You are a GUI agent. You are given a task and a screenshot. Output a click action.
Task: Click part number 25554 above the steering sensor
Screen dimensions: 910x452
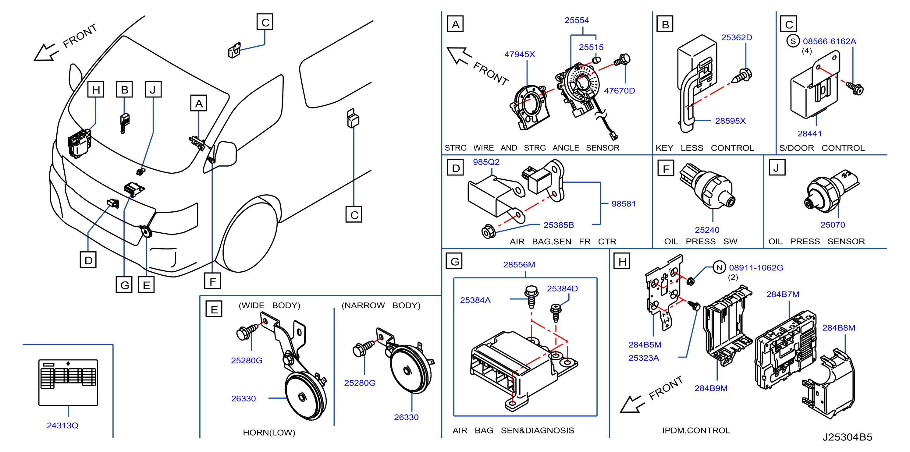coord(577,20)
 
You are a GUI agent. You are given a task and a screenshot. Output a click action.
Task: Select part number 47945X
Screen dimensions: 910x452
coord(519,55)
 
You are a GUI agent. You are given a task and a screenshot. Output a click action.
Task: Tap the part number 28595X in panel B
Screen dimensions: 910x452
coord(730,121)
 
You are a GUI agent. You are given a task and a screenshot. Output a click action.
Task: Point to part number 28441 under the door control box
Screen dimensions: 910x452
coord(809,133)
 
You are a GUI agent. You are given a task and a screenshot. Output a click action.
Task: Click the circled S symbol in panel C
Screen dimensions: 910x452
coord(793,41)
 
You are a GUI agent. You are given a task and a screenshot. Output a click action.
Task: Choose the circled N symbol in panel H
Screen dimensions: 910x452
coord(719,267)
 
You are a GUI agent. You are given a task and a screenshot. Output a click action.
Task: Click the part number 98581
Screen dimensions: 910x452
coord(624,204)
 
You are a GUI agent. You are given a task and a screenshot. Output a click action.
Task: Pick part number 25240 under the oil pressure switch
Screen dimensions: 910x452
coord(707,230)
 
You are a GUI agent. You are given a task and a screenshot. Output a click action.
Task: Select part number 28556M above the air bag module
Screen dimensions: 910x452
coord(519,264)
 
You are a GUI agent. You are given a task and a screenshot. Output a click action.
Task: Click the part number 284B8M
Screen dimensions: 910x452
coord(839,328)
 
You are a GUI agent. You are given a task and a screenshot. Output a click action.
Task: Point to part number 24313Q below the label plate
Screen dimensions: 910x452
coord(62,426)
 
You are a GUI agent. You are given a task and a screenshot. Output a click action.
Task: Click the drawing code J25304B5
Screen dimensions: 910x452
coord(847,437)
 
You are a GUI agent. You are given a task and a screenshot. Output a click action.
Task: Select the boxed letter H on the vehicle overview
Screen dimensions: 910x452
coord(96,89)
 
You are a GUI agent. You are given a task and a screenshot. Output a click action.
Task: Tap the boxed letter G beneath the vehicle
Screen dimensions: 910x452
coord(124,284)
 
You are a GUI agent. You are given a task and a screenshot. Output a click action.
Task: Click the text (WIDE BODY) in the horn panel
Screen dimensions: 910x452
coord(269,305)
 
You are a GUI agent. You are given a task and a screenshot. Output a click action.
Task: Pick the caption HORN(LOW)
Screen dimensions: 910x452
coord(269,433)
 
